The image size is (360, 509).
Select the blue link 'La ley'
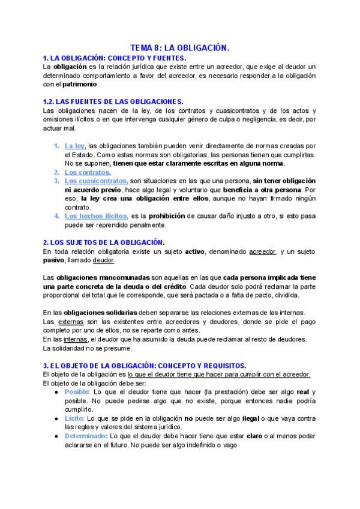coord(75,146)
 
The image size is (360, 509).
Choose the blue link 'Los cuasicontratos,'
coord(96,180)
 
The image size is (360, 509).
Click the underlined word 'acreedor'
coord(263,250)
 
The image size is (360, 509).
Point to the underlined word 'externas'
coord(71,322)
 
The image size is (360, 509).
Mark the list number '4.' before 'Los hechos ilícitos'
coord(56,215)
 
